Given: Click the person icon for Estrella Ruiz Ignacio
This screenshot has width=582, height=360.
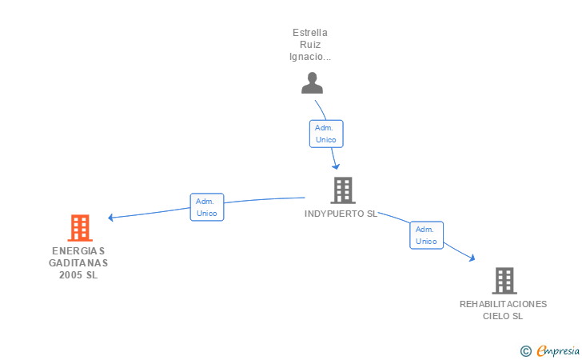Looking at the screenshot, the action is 312,83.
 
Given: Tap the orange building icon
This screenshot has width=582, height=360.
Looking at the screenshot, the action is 80,228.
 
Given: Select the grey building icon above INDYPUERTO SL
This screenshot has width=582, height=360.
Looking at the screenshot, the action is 343,190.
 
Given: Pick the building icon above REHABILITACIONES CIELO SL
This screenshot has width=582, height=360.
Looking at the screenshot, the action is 504,281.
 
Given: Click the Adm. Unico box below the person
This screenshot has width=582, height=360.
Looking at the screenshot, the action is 326,134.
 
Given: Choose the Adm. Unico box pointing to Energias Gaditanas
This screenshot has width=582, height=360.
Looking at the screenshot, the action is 207,207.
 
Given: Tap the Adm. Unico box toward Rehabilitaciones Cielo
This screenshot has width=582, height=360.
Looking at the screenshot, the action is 426,235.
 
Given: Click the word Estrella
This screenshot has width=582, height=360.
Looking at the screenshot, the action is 310,33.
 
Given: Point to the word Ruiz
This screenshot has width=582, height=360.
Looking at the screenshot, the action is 310,45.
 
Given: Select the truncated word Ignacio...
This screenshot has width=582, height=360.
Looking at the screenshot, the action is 310,57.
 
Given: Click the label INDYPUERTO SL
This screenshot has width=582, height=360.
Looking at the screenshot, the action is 341,214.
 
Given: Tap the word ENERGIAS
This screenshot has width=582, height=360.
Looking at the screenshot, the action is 78,250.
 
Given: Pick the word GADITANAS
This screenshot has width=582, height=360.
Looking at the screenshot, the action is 78,263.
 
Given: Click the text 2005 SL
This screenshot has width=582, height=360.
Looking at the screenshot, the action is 78,275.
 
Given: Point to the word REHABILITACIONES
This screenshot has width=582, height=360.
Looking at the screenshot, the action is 503,304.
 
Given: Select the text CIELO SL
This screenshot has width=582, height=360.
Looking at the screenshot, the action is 503,316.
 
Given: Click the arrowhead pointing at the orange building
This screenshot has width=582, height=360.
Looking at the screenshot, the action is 110,218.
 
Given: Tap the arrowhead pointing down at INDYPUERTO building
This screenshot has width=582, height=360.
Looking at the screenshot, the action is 336,167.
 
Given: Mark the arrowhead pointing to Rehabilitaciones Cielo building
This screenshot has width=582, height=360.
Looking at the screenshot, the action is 472,258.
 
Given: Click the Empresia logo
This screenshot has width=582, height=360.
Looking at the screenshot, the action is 550,350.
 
